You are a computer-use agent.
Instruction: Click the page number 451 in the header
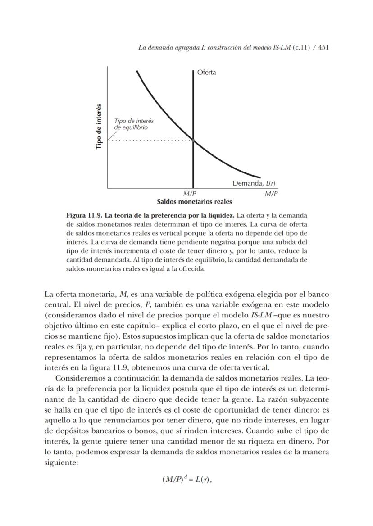323,47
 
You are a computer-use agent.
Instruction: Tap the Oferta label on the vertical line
206,72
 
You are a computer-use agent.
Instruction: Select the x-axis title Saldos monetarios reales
194,201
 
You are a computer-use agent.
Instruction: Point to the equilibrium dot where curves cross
193,141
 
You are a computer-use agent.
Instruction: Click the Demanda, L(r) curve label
254,183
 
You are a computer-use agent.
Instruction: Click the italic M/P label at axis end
271,194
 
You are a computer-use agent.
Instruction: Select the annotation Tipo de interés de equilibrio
134,124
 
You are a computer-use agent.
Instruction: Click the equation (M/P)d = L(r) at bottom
186,479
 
